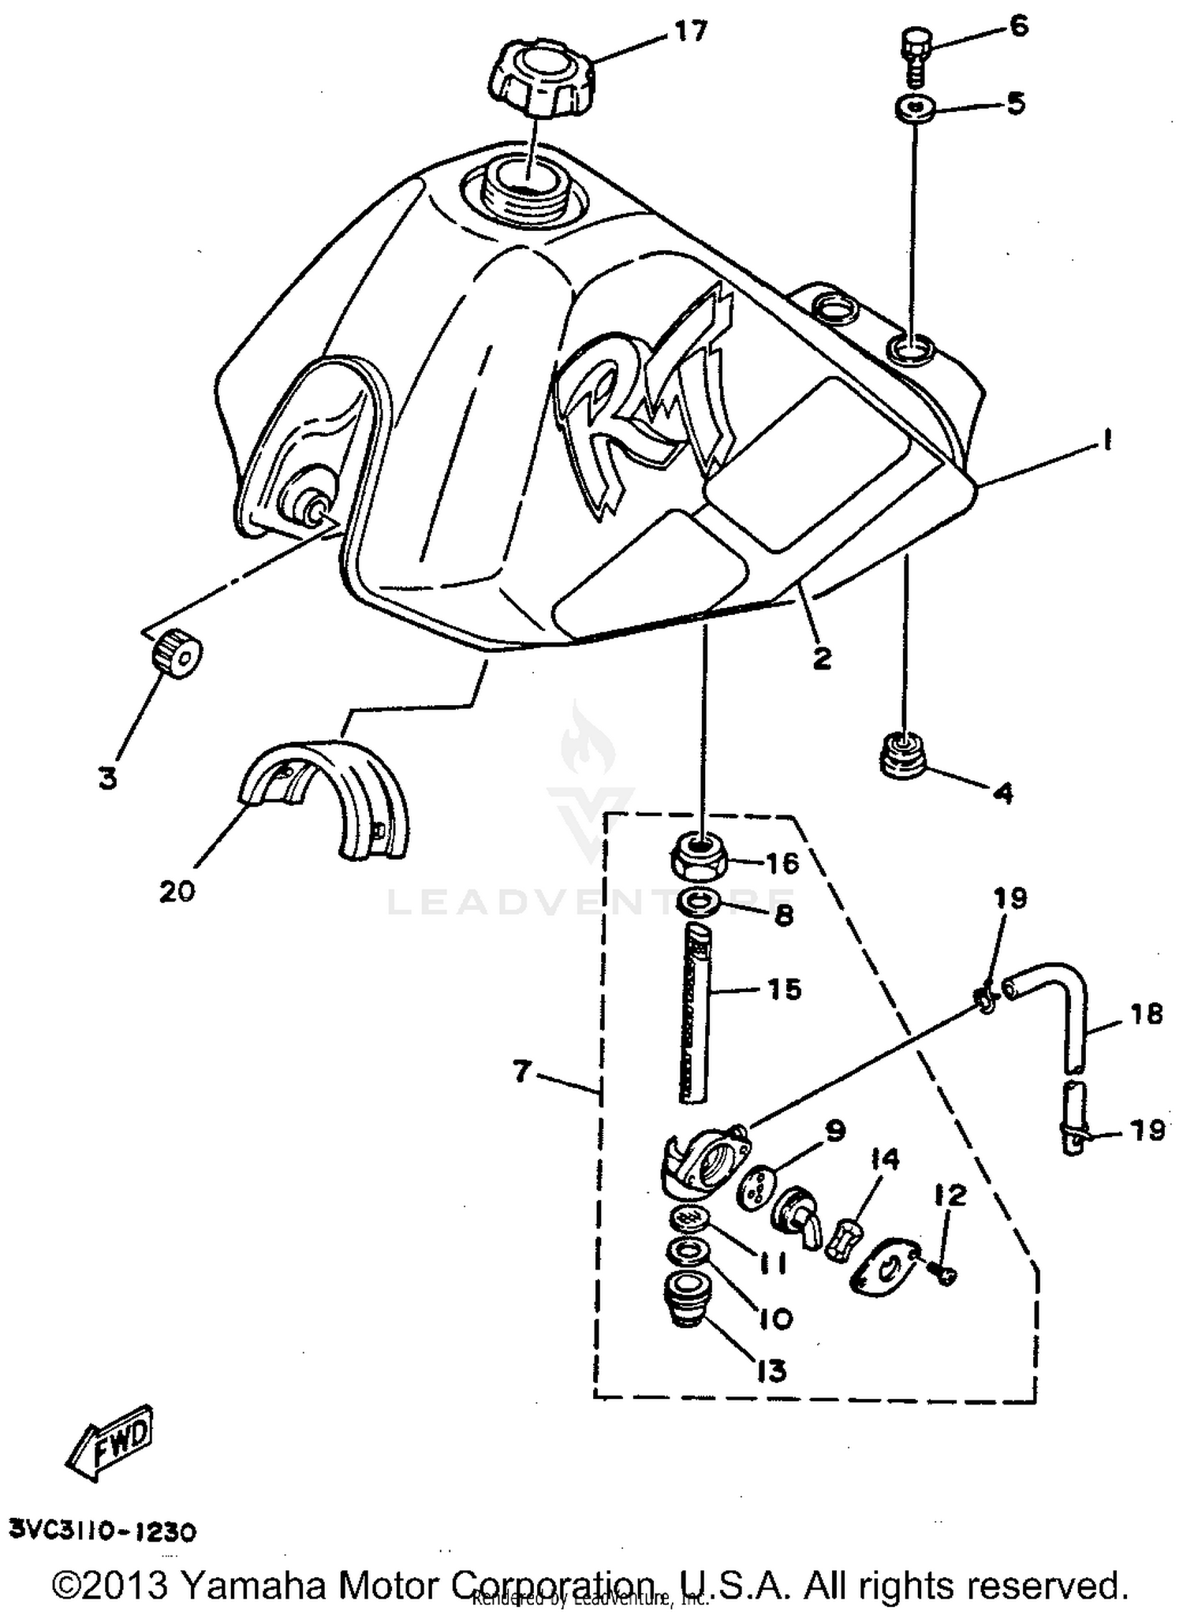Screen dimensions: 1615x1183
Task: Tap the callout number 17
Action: click(x=691, y=32)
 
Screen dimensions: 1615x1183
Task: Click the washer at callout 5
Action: click(x=915, y=106)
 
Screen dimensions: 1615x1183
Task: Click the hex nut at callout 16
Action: click(x=699, y=856)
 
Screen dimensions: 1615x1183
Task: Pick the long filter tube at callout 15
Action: click(x=694, y=1013)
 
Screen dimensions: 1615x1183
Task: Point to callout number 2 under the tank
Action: click(x=822, y=657)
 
